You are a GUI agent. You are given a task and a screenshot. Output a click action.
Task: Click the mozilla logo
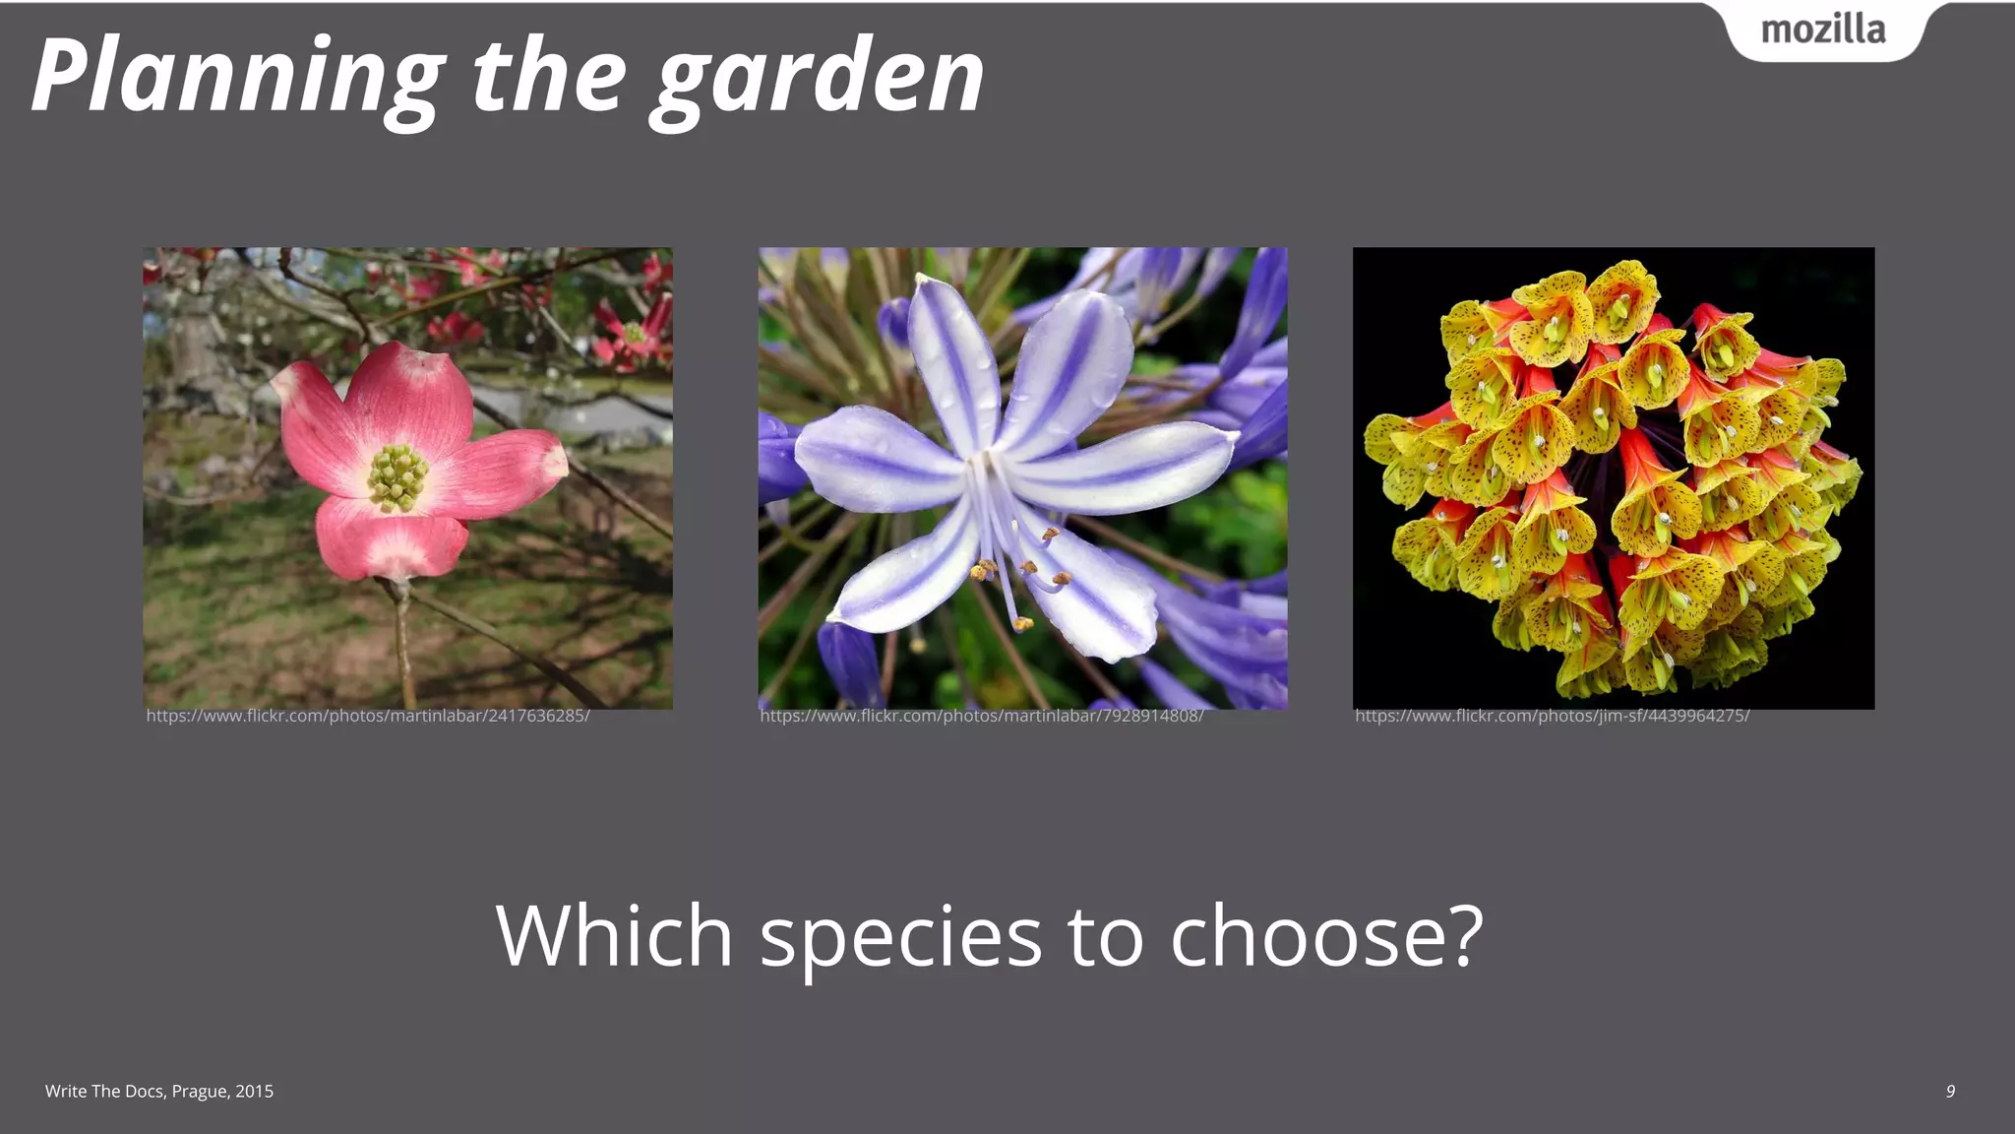click(x=1823, y=31)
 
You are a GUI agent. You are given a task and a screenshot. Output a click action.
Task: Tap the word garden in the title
click(x=821, y=77)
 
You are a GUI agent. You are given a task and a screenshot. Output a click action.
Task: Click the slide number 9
click(x=1950, y=1091)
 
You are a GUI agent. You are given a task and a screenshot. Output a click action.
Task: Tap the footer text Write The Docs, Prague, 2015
click(x=159, y=1091)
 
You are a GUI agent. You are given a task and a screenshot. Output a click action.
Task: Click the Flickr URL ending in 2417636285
click(x=368, y=716)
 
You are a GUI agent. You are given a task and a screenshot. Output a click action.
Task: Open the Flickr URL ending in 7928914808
click(x=982, y=716)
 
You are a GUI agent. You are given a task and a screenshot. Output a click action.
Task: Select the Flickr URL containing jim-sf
click(x=1552, y=716)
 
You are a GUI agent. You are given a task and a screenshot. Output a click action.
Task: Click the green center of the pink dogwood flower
click(x=397, y=477)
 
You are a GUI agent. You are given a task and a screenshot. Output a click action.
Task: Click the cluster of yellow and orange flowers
click(x=1614, y=477)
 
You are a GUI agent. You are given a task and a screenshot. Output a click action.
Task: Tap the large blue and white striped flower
click(x=1013, y=463)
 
